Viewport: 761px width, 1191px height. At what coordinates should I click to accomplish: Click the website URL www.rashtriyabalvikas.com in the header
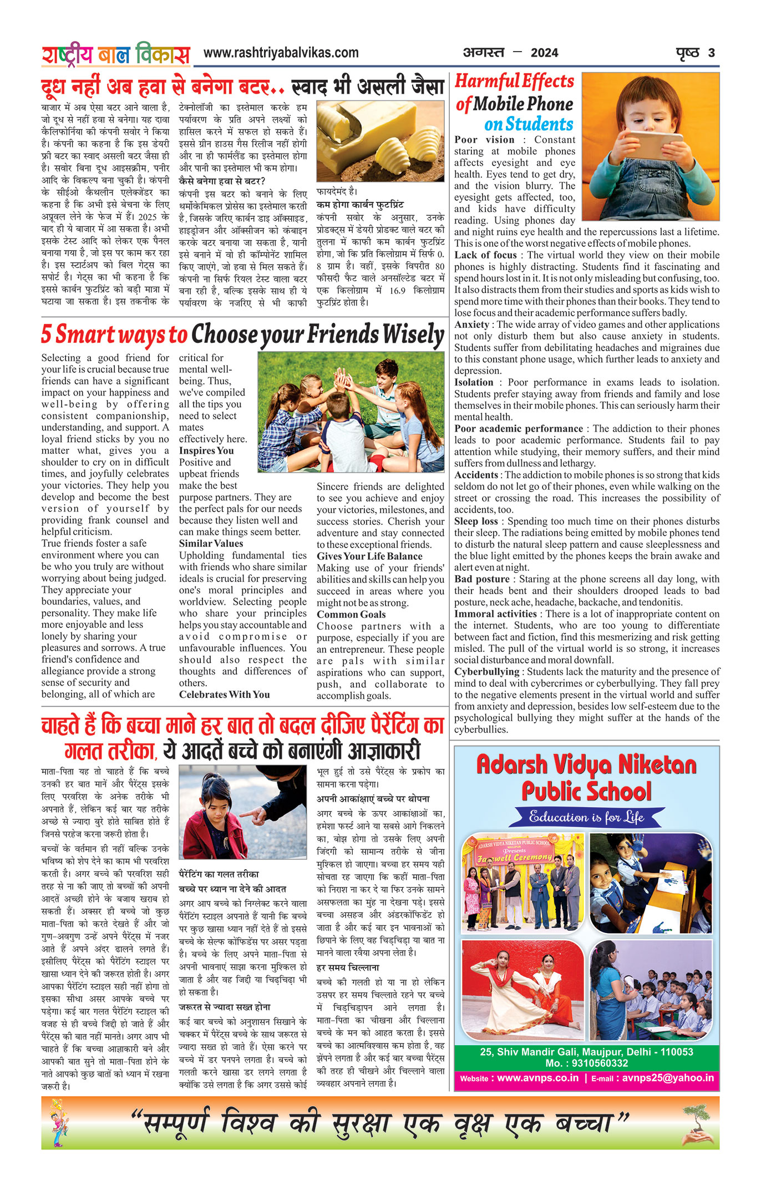[x=281, y=53]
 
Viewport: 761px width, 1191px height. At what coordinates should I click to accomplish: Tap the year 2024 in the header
[x=544, y=53]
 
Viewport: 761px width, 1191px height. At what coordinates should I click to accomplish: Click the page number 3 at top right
[x=711, y=53]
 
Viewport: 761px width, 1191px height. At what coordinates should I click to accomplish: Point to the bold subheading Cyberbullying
[x=486, y=672]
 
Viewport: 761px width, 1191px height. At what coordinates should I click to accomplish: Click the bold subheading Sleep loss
[x=476, y=521]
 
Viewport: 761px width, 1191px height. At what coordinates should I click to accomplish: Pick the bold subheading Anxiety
[x=472, y=325]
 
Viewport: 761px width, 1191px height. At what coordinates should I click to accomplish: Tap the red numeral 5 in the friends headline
[x=47, y=335]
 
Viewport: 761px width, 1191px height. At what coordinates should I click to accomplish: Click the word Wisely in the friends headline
[x=413, y=335]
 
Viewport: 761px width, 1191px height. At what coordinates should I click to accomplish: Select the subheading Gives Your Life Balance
[x=369, y=556]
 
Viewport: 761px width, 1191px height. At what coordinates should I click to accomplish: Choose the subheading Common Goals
[x=351, y=615]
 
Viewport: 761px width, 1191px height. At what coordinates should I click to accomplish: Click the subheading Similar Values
[x=211, y=544]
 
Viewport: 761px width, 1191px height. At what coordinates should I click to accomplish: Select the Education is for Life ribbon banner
[x=586, y=817]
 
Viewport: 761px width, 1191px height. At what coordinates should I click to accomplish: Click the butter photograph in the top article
[x=380, y=141]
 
